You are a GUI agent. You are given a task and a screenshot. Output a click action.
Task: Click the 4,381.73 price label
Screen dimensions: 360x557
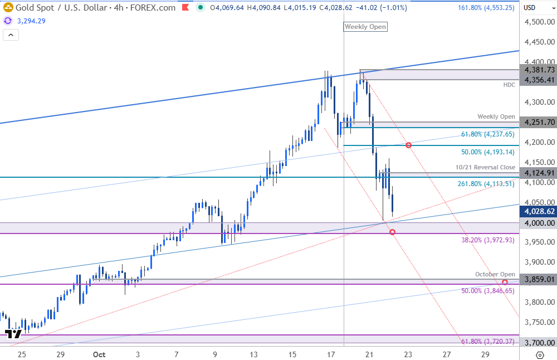point(538,70)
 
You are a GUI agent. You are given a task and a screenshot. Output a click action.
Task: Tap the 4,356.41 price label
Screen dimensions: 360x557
point(538,80)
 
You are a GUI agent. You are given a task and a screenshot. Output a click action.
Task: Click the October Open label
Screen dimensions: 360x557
point(495,274)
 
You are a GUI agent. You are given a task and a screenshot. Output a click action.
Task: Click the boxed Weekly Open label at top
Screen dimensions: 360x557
point(365,27)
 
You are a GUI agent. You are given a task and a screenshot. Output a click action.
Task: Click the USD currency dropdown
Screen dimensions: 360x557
point(538,8)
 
